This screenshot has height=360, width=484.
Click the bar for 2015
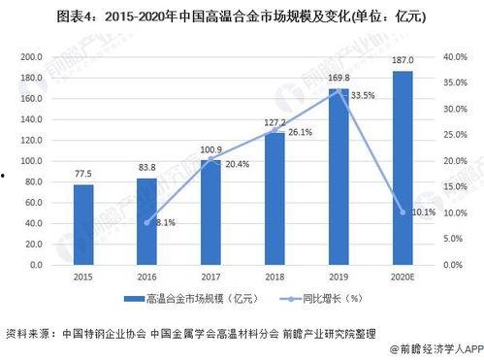(x=83, y=224)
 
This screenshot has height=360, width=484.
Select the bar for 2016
(x=146, y=221)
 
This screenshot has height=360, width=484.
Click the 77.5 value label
(x=83, y=174)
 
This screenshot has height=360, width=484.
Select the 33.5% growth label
(x=364, y=95)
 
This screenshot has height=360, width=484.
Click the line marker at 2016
(x=146, y=222)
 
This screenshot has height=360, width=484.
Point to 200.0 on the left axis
(x=33, y=57)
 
